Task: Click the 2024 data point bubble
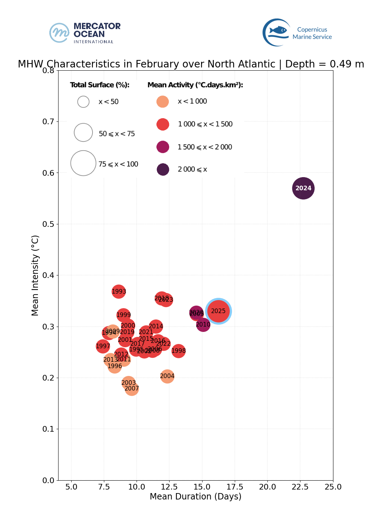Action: pos(303,188)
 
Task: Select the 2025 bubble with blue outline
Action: pos(218,311)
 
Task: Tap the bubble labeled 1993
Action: pos(119,291)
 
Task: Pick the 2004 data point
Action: pos(167,376)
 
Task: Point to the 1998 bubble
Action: pos(178,351)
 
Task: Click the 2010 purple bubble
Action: pos(203,324)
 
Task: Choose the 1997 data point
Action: pos(103,346)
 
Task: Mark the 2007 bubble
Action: pos(132,389)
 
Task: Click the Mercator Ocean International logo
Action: pos(85,33)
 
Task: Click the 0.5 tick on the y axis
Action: pos(48,224)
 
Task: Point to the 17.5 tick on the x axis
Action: pos(235,487)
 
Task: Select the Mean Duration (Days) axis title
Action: pos(195,496)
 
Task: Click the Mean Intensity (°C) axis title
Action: pos(35,275)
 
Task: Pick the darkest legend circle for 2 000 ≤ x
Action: pos(163,169)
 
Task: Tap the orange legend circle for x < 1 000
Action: pos(162,102)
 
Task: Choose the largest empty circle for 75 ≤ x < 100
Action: pos(83,163)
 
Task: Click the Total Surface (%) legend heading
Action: pos(100,85)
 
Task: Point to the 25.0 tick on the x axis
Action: pos(333,487)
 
